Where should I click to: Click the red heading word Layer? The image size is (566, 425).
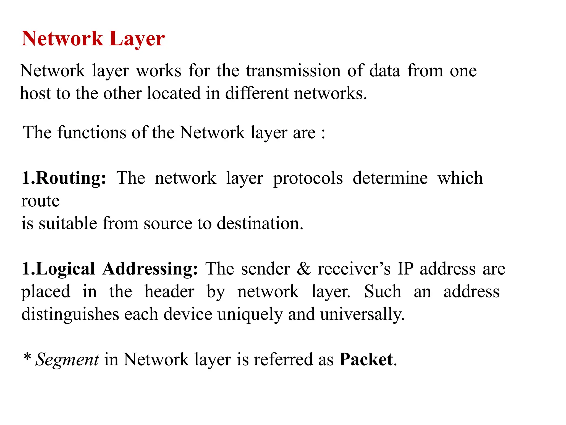coord(137,39)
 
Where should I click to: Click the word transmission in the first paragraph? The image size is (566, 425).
coord(293,71)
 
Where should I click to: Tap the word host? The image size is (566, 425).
coord(35,93)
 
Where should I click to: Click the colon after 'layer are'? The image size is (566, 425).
coord(323,133)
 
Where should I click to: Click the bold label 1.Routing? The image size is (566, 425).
coord(64,178)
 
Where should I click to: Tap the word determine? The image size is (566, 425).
coord(390,178)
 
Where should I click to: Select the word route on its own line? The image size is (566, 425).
coord(40,201)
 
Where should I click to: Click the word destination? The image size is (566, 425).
coord(260,223)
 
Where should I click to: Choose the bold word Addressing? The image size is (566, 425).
coord(150,269)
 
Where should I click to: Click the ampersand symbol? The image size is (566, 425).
coord(303,269)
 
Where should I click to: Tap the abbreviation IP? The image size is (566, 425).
coord(405,269)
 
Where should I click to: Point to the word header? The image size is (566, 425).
coord(169,291)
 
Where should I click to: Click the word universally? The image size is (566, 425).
coord(362,315)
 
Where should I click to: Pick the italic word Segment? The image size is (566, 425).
coord(67,360)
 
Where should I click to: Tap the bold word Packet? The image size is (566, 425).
coord(366,359)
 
